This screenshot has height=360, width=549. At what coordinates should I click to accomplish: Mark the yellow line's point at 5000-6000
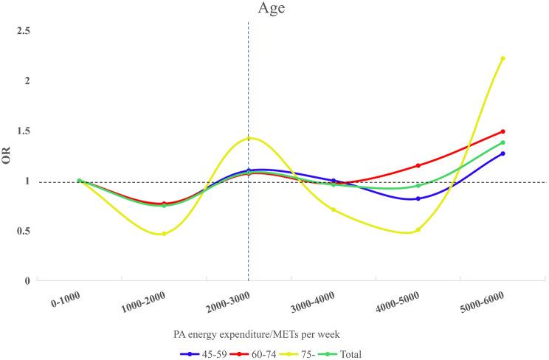click(503, 58)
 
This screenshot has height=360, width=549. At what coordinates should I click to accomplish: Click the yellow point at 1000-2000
click(164, 234)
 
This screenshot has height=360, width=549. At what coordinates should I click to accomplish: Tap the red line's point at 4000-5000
click(418, 165)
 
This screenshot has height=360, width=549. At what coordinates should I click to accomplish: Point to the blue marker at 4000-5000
click(418, 198)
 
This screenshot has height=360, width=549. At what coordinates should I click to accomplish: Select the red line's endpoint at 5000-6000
click(503, 131)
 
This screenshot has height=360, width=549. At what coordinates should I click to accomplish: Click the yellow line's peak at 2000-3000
click(249, 139)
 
